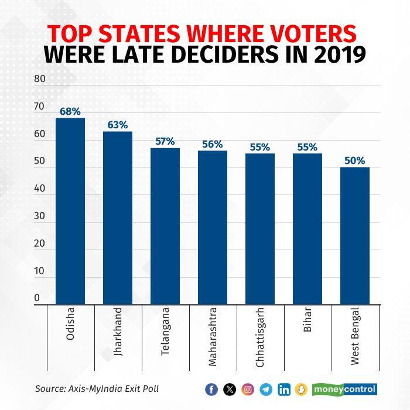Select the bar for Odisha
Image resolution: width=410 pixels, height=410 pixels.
(70, 211)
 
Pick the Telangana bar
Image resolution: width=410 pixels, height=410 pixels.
(165, 226)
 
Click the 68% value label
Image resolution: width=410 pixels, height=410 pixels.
(70, 111)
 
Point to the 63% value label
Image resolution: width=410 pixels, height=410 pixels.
(117, 124)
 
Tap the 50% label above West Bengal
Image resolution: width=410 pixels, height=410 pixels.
(354, 160)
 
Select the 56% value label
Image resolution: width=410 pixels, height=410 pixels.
(212, 143)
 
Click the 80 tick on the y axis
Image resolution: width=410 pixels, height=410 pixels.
(39, 78)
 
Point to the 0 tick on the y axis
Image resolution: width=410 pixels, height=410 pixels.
(36, 298)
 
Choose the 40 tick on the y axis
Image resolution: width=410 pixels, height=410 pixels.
(39, 189)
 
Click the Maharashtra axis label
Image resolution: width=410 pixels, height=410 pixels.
(213, 336)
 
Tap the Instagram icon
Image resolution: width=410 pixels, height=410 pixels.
(248, 389)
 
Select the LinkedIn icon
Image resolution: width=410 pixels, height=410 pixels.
(285, 389)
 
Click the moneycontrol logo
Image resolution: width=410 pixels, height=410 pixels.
(344, 389)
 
